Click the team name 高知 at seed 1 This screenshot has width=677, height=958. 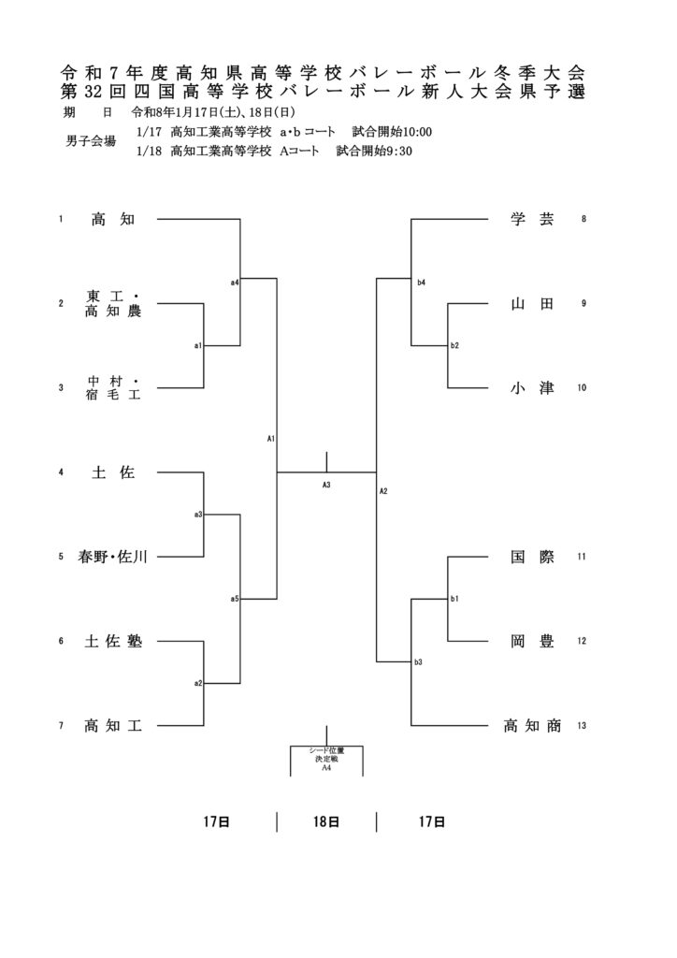113,220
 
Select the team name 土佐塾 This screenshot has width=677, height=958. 113,642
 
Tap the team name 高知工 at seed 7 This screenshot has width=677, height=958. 113,725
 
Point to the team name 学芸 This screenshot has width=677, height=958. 532,220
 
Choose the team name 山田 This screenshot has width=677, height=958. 532,304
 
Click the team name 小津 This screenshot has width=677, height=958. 532,388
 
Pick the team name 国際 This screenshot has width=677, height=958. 532,557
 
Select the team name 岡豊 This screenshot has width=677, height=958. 532,642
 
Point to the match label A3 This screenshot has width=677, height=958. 326,485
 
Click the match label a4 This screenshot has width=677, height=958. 235,282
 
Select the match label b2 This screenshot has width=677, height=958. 454,346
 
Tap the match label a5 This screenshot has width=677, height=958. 235,599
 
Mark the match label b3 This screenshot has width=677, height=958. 419,662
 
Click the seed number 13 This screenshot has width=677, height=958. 582,726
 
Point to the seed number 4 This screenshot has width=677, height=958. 61,472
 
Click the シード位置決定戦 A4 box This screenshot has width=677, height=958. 326,759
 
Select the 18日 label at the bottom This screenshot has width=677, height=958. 326,822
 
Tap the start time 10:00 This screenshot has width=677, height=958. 417,132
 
